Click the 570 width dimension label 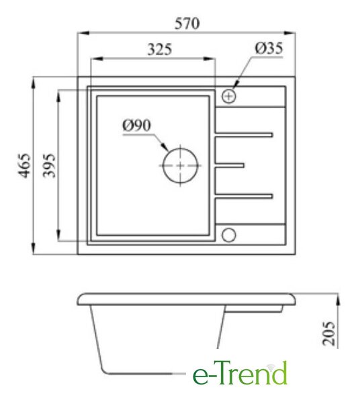point(187,24)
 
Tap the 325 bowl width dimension point(159,49)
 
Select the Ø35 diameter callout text point(269,48)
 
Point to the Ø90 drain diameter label point(136,125)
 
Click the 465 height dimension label point(25,165)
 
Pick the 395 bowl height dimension point(48,165)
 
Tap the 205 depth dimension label point(329,333)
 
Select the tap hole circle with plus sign point(229,96)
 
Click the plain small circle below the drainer point(229,235)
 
